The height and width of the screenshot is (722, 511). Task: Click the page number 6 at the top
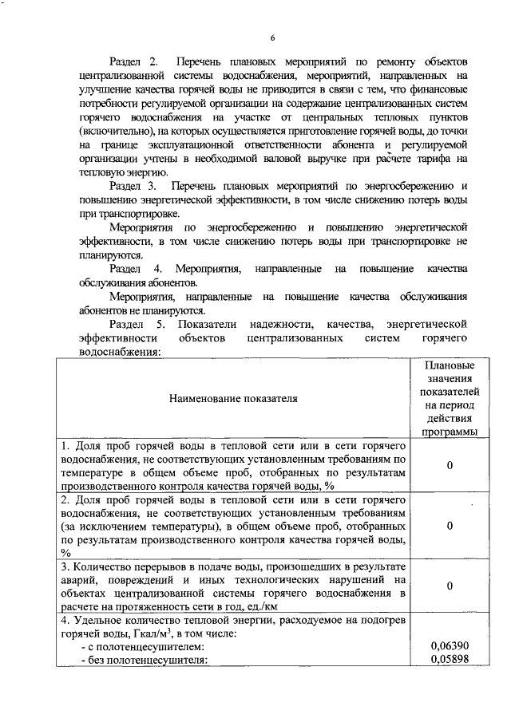(271, 37)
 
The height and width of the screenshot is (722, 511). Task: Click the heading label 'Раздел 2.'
(136, 61)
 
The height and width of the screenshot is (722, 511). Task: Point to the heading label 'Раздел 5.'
(137, 324)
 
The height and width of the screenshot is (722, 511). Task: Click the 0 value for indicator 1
(450, 465)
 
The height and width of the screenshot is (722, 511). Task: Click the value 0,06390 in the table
(450, 645)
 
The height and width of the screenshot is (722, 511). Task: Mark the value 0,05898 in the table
(450, 658)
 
